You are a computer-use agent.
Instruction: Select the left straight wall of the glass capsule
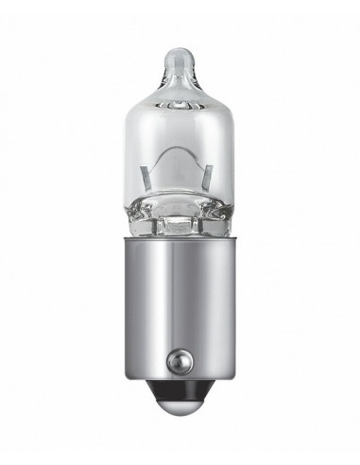(130, 161)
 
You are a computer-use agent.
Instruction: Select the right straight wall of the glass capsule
(230, 161)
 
